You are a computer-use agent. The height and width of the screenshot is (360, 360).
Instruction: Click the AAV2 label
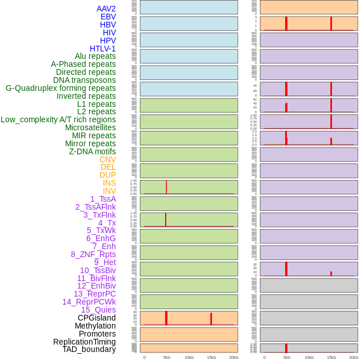click(x=106, y=9)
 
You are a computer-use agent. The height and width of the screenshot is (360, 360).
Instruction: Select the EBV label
click(x=108, y=17)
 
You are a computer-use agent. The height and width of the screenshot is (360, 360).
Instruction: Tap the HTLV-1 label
click(x=103, y=49)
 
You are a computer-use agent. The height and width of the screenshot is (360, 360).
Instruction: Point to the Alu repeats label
click(x=95, y=56)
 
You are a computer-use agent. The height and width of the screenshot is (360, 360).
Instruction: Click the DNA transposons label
click(x=85, y=80)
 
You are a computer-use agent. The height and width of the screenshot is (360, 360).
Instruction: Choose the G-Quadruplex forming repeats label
click(x=61, y=88)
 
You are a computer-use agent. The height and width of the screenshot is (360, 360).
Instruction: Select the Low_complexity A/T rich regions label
click(x=58, y=119)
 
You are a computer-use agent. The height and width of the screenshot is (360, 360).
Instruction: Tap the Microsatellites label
click(x=90, y=127)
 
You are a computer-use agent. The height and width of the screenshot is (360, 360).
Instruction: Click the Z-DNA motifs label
click(x=93, y=151)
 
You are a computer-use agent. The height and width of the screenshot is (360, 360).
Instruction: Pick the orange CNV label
click(x=107, y=159)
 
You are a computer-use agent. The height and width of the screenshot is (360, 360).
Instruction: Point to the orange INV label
click(x=109, y=191)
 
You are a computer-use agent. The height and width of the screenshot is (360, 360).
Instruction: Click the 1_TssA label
click(x=103, y=199)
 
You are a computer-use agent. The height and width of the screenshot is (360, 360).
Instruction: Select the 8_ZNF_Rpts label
click(x=93, y=254)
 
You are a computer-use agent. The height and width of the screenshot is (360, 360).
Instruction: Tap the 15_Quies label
click(x=98, y=310)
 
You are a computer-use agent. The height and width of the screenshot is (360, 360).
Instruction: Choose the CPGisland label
click(x=97, y=318)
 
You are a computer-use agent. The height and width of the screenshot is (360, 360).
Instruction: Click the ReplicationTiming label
click(x=85, y=342)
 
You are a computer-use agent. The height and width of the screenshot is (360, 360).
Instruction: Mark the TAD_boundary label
click(x=89, y=349)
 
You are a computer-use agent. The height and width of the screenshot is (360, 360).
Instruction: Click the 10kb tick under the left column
click(x=189, y=357)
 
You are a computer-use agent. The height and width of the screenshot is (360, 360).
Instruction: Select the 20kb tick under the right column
click(x=354, y=357)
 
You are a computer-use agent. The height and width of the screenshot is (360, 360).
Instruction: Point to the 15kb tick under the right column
click(x=331, y=357)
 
